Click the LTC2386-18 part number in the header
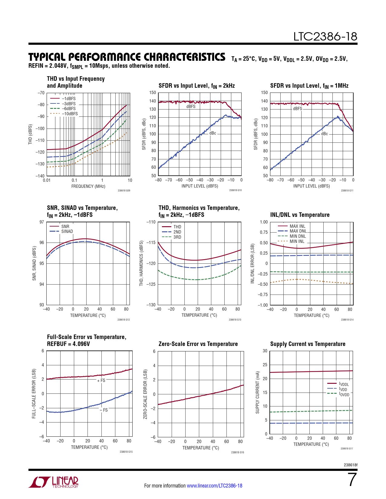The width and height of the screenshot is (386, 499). pos(325,37)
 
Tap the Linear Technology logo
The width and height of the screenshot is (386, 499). pos(54,482)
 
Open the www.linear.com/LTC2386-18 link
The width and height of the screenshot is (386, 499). pos(214,486)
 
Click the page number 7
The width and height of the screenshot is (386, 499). pos(352,480)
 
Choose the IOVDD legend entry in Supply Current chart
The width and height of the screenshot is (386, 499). pos(344,394)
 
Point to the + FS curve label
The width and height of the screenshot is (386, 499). pos(101,380)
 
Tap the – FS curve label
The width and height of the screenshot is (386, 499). pos(104,410)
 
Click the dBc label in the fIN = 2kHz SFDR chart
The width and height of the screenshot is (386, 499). pos(213,133)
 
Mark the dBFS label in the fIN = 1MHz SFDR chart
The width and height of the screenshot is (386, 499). pos(297,109)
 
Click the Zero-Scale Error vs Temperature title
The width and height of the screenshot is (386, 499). pos(198,344)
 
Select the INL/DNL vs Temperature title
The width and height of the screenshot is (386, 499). pos(300,215)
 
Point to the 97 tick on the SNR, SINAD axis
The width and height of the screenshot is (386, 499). pos(42,222)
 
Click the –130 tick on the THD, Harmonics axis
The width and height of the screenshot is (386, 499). pos(151,305)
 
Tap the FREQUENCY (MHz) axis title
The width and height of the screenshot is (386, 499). pos(88,186)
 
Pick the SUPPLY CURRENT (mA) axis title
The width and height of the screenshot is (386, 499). pos(258,392)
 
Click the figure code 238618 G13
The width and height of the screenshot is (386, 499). pos(235,320)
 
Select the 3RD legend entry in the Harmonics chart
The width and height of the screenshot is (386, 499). pos(177,237)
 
